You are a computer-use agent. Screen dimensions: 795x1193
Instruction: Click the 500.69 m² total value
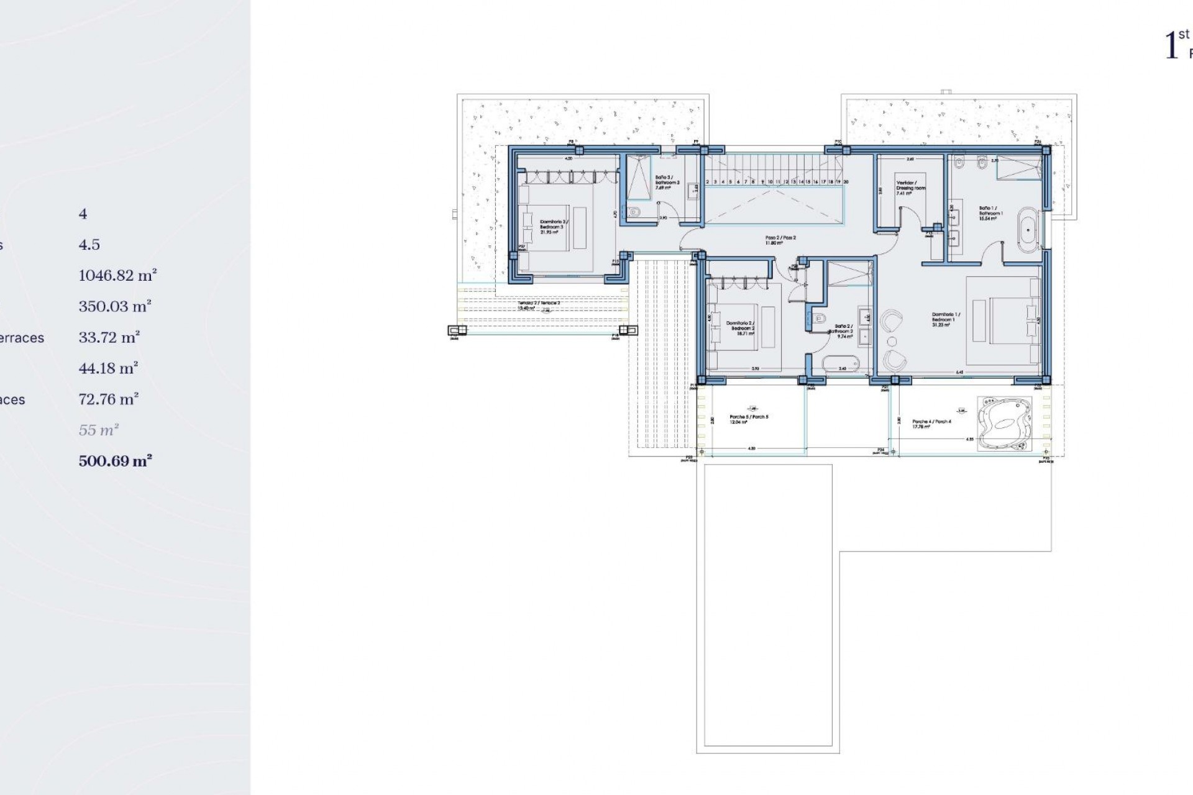[x=116, y=461]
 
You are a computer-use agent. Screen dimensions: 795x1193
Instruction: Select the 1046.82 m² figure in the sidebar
[x=117, y=275]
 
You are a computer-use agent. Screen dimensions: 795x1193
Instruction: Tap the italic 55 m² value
[x=98, y=430]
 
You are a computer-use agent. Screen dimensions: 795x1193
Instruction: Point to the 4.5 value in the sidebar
[x=89, y=245]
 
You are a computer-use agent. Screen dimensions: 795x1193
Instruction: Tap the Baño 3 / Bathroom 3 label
[x=667, y=182]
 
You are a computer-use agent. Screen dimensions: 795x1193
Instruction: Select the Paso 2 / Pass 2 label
[x=780, y=240]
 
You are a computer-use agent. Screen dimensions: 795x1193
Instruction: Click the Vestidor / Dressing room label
[x=910, y=188]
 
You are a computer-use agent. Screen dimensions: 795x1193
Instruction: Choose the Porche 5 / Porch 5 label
[x=749, y=419]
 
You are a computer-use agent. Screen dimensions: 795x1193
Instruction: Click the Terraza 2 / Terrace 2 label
[x=539, y=305]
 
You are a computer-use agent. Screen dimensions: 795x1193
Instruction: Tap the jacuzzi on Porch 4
[x=1004, y=424]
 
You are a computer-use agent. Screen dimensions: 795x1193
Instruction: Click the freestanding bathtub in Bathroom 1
[x=1028, y=230]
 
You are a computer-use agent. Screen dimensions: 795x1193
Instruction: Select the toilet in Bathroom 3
[x=634, y=212]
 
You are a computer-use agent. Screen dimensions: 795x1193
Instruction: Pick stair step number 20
[x=846, y=182]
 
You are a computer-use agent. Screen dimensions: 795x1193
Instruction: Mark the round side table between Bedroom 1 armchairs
[x=892, y=342]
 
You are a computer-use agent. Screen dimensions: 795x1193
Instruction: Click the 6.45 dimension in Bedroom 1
[x=959, y=373]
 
